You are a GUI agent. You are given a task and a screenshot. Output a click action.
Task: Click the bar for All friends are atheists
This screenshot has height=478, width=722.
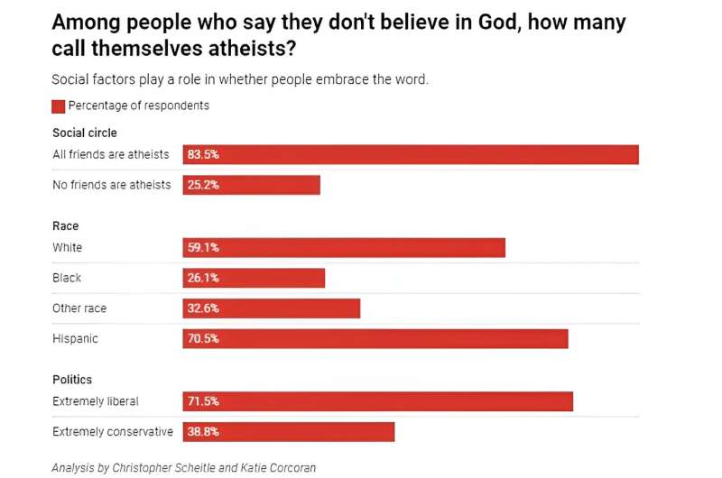coord(411,155)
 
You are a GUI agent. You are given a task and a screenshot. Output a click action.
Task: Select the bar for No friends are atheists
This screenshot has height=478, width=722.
coord(252,185)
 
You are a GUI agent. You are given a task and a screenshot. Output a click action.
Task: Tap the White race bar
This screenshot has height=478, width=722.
coord(344,248)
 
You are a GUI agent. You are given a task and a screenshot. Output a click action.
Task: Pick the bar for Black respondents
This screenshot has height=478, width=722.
coord(254,278)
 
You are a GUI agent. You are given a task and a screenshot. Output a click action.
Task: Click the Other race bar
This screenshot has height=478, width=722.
coord(272,308)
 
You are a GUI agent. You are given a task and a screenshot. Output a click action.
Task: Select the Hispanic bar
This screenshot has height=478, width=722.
coord(375,339)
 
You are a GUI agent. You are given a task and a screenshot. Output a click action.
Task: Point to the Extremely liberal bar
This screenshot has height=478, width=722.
coord(378,401)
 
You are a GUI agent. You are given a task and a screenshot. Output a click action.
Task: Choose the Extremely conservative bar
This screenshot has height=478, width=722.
coord(289,432)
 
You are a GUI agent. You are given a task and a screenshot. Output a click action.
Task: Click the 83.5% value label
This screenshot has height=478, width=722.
coord(203,155)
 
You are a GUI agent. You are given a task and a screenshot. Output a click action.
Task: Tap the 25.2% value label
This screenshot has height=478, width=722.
coord(203,185)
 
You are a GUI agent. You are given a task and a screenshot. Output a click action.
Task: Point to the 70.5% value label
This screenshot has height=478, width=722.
coord(203,339)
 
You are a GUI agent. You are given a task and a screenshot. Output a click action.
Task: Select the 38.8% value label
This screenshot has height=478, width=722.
coord(203,432)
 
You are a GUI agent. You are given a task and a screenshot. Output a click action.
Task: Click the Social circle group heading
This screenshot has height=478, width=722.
coord(85,133)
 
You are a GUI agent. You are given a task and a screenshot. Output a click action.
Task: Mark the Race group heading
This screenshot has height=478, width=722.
coord(67,226)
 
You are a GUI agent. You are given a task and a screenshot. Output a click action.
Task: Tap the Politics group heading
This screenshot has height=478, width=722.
coord(72,380)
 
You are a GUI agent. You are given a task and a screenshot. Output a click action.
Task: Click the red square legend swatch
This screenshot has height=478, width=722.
coord(59,106)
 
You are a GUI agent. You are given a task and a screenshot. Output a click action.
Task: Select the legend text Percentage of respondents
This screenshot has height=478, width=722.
coord(139,106)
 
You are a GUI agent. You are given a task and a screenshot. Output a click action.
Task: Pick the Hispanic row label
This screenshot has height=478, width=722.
coord(75,339)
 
